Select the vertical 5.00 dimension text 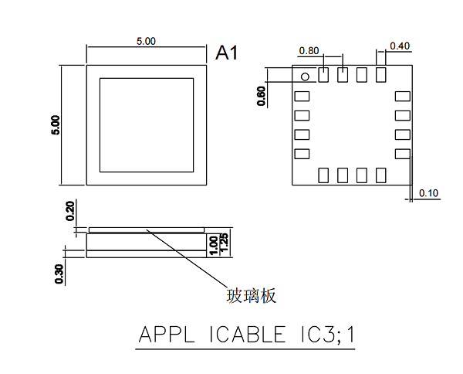click(x=55, y=126)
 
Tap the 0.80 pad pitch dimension click(x=309, y=50)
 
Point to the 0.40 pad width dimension click(x=400, y=46)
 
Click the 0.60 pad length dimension click(x=262, y=95)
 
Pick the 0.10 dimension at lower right click(x=428, y=192)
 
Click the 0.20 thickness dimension click(x=70, y=211)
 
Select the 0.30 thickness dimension click(x=60, y=274)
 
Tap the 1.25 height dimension click(x=225, y=243)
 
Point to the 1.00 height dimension click(x=214, y=245)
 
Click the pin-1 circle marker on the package click(x=305, y=76)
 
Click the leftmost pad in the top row click(x=323, y=75)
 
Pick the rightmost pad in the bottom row click(x=380, y=175)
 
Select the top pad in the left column click(x=302, y=97)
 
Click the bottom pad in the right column click(x=401, y=154)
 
